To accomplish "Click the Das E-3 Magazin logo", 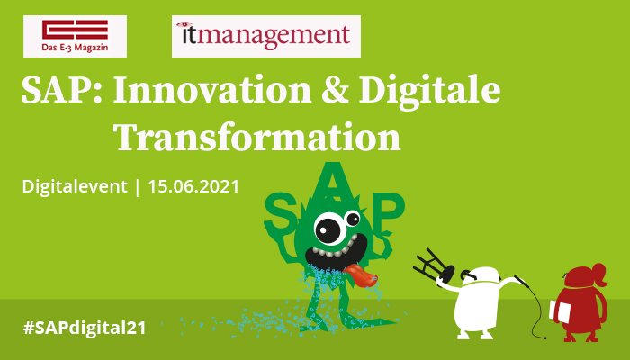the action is pos(75,36).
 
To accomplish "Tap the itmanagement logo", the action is pos(266,36).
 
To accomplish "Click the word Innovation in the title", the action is pos(212,90).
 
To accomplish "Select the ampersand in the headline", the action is pos(335,90).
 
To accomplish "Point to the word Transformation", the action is pos(257,137).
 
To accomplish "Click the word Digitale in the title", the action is pos(430,91).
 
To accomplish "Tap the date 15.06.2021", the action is pos(193,187).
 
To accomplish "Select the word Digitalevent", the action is pos(75,187).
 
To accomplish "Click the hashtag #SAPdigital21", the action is pos(85,328).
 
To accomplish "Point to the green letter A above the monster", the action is pos(333,182).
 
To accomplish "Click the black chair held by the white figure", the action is pos(434,266).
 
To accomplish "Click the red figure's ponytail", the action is pos(599,274).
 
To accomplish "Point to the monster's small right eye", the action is pos(352,219).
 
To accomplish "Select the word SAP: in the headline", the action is pos(61,90).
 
